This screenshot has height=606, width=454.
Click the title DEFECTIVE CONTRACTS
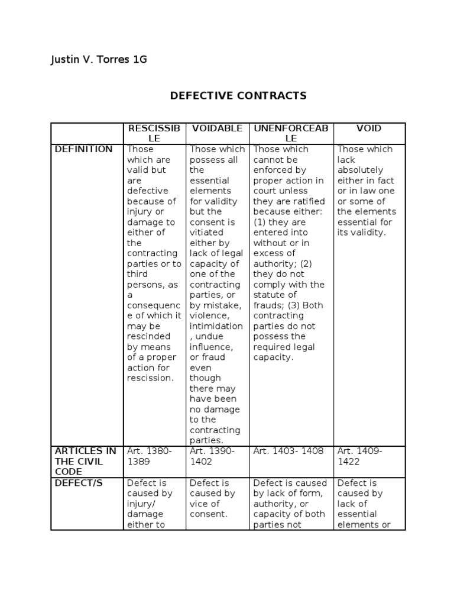point(238,95)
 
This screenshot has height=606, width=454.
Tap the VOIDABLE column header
point(217,128)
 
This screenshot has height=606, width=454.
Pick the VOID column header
point(369,128)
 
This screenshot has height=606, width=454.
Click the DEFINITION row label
point(83,149)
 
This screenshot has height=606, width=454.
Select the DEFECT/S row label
point(79,483)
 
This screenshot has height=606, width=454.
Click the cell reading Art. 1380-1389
point(150,456)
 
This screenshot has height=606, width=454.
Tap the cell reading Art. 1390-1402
point(212,456)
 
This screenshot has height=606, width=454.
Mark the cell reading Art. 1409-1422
point(360,456)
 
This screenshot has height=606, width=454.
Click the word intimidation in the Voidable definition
point(216,326)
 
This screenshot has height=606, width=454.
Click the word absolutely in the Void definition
point(360,170)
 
